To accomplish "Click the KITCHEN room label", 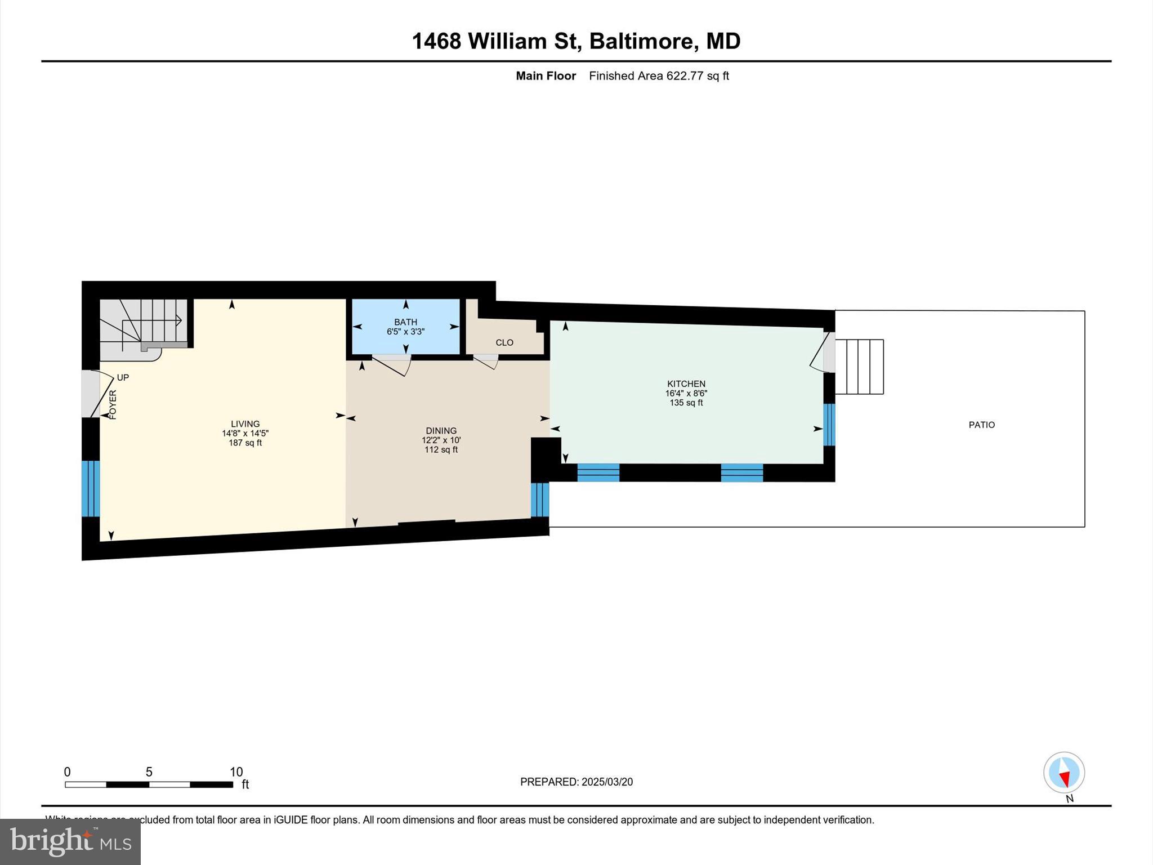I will click(686, 384).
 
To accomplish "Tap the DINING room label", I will click(441, 431).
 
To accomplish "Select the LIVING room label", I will click(245, 424).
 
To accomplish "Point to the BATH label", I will click(405, 322).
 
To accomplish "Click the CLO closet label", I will click(504, 342).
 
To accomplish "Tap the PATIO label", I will click(981, 425).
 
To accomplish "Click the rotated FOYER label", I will click(113, 404).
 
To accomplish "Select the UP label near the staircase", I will click(123, 377).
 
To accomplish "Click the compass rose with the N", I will click(1063, 773).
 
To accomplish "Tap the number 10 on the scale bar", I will click(236, 772).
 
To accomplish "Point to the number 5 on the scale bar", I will click(149, 772).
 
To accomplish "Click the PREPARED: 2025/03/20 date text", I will click(576, 782).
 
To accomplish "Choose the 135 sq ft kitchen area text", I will click(686, 403).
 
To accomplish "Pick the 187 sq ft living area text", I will click(245, 443).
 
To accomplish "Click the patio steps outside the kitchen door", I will click(859, 367).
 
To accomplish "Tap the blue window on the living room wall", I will click(90, 488).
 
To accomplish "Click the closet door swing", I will click(487, 361).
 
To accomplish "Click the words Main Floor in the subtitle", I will click(546, 75).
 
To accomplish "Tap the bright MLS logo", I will click(70, 841).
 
